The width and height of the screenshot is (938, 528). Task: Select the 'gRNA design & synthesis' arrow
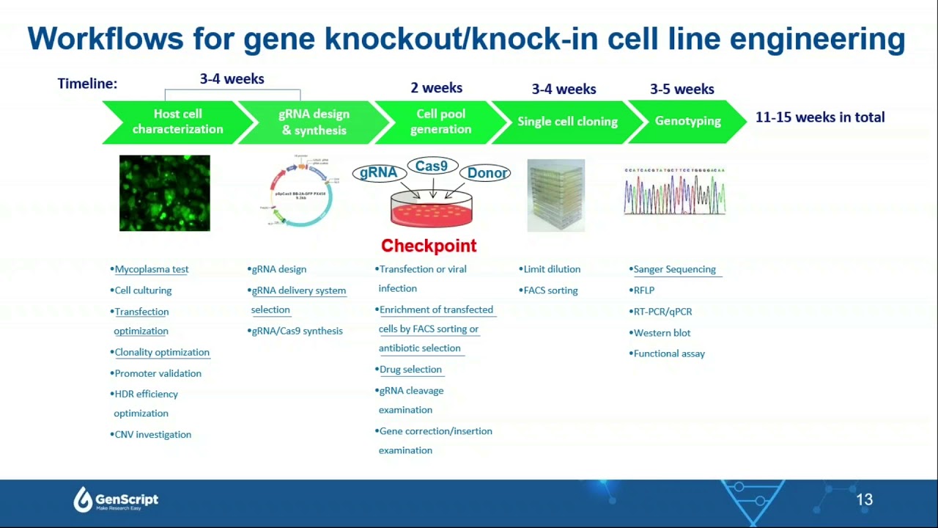point(314,122)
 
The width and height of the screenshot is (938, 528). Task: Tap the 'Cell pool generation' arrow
point(440,122)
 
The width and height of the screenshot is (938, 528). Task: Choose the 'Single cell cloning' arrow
point(567,122)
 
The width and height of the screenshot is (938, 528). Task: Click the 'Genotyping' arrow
point(687,121)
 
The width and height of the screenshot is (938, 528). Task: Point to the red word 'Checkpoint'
point(429,246)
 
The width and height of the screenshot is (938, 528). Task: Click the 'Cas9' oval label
point(432,166)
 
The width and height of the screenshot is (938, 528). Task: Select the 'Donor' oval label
point(487,173)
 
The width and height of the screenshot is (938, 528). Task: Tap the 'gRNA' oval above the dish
point(379,173)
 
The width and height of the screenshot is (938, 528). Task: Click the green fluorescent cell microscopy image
point(165,193)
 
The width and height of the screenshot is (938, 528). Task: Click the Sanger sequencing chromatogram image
point(674,192)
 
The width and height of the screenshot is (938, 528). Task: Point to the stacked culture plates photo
point(556,195)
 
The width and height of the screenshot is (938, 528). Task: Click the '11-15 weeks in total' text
point(820,117)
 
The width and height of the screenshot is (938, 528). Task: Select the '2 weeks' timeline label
point(436,88)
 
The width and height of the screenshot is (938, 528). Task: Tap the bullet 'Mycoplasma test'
point(151,269)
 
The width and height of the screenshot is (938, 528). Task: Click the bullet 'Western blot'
point(662,333)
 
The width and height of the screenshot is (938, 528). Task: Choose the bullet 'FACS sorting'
point(550,290)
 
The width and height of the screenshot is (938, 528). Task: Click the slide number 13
point(864,500)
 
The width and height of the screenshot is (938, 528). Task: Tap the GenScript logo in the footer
point(116,500)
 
